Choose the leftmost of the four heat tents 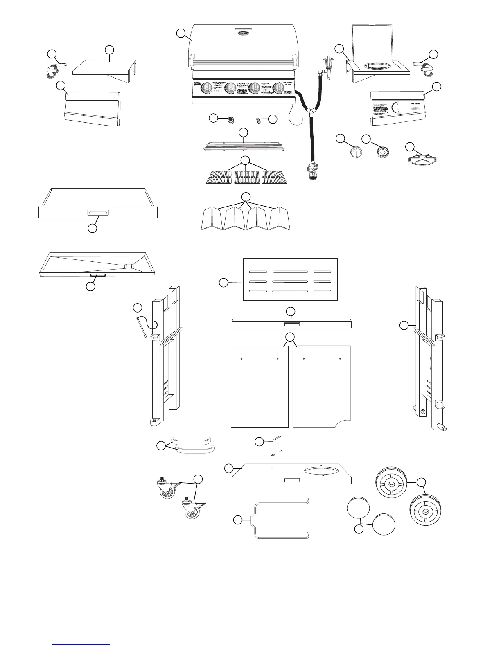[x=211, y=219]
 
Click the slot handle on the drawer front [x=98, y=213]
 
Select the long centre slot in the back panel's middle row [x=290, y=281]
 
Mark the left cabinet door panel [x=260, y=387]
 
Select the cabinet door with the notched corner [x=322, y=387]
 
